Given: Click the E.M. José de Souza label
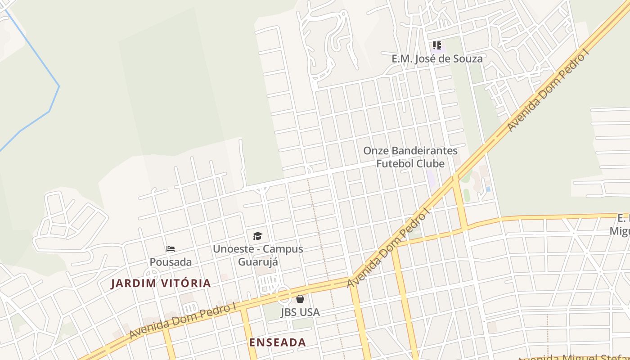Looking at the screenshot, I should click(437, 58).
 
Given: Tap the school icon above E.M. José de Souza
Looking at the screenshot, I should click(437, 45).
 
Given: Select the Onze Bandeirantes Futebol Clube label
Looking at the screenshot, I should click(410, 157).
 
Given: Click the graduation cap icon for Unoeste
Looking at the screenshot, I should click(257, 236).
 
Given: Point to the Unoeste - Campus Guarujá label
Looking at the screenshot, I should click(258, 255).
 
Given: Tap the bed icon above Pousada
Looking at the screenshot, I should click(171, 249).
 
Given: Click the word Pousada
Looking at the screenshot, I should click(171, 262).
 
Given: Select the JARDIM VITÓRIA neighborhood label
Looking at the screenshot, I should click(161, 283).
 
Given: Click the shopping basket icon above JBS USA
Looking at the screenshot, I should click(300, 299).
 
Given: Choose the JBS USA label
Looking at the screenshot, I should click(300, 312).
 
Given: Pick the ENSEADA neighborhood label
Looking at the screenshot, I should click(278, 342).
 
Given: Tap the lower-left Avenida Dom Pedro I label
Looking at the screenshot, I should click(182, 321).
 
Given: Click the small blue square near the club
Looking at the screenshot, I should click(488, 189).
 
